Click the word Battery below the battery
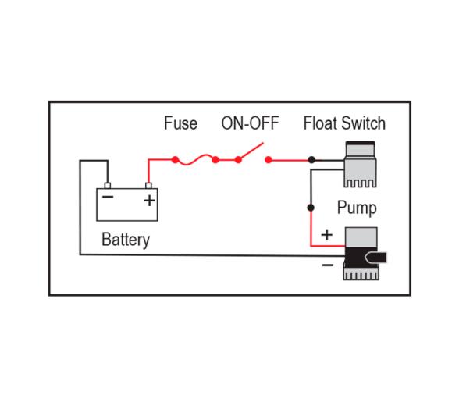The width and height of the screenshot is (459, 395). point(125,239)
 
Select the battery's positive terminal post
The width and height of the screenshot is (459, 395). point(148,186)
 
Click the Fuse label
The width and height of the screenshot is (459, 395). point(180,124)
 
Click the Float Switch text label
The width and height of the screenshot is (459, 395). point(343,124)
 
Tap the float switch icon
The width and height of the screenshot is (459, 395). point(361,162)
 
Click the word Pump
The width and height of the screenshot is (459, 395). point(356,208)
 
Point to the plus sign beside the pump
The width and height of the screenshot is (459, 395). point(326,234)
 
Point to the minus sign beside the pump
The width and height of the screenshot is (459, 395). point(326,265)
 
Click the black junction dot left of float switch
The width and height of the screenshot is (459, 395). point(311,160)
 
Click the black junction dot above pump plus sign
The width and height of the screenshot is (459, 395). point(311,208)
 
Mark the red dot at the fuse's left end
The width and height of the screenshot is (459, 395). point(176,160)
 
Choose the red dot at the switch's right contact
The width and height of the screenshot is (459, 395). point(268,160)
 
